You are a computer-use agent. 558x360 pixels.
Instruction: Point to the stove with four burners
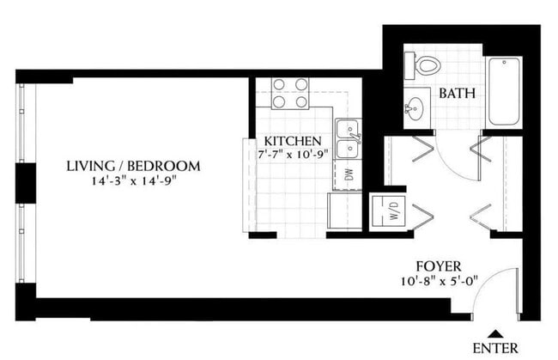coord(290,93)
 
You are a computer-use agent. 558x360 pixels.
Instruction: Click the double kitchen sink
coord(347,139)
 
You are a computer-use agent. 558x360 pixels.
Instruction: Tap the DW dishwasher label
coord(348,174)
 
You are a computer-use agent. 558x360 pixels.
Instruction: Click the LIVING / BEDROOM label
coord(133,166)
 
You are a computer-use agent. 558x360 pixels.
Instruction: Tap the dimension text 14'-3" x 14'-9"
coord(133,181)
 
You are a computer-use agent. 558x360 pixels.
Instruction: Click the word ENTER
coord(495,348)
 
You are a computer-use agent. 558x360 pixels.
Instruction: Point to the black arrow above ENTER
coord(495,333)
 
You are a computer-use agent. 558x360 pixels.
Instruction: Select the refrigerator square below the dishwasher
coord(345,211)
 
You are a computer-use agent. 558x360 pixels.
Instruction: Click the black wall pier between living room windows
coord(25,184)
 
